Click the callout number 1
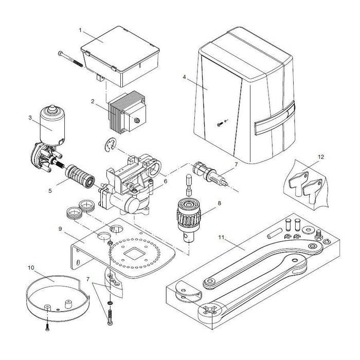81,30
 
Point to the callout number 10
31,268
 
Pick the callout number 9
60,228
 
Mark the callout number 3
31,118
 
